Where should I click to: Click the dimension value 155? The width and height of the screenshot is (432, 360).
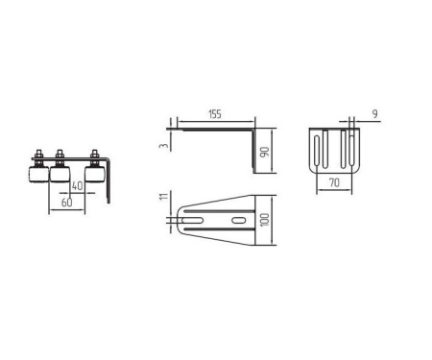coord(215,114)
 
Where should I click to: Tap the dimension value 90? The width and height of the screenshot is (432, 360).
coord(264,152)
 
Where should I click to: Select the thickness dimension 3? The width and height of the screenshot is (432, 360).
coord(163,146)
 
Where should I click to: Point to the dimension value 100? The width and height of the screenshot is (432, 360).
coord(265,220)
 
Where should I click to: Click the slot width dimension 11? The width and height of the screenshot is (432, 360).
coord(163,197)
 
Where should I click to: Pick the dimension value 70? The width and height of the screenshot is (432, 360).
coord(334,183)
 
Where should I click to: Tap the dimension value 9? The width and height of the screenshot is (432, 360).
coord(375,114)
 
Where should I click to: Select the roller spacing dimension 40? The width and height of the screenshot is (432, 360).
coord(77,186)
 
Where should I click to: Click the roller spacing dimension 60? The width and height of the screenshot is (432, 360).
coord(66,203)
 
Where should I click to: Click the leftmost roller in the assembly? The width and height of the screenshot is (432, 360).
coord(38,175)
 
